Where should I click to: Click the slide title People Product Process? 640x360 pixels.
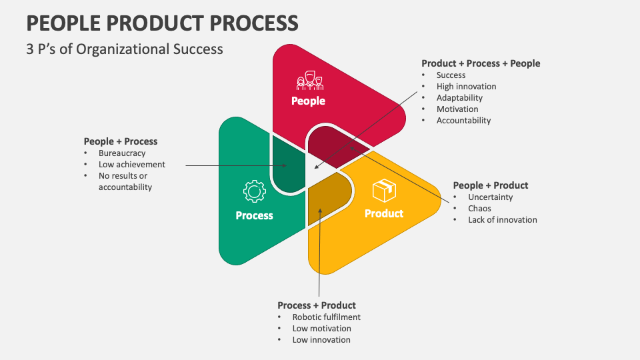coord(162,23)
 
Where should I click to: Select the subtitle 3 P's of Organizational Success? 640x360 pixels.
coord(125,49)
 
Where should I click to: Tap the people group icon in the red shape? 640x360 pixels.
coord(309,81)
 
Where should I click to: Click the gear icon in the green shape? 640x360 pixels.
coord(254,192)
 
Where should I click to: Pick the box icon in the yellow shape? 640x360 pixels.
coord(384,191)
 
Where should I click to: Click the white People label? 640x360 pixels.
coord(308,101)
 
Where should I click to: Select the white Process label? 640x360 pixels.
coord(254,215)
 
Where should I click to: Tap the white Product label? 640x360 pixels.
coord(384,213)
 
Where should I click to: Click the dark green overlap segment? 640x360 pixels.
coord(288,165)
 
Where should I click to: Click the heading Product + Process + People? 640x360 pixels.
coord(481,63)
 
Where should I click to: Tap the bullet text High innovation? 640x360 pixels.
coord(466,86)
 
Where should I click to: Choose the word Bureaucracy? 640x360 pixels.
coord(122,153)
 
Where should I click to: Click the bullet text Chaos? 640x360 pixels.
coord(481,208)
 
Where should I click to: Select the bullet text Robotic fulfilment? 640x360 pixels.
coord(326,317)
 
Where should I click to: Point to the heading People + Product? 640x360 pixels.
coord(490,185)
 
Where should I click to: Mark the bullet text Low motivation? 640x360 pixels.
coord(321,328)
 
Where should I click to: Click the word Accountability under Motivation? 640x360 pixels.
coord(463,120)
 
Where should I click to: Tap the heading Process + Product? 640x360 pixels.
coord(317,305)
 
